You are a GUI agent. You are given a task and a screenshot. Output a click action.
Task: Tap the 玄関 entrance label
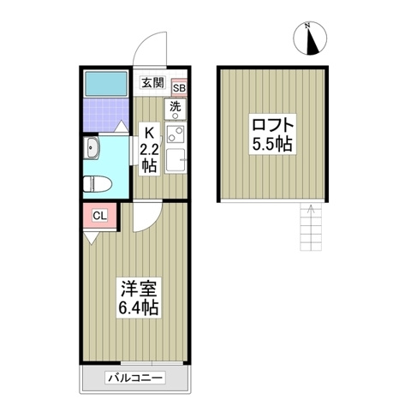(152, 83)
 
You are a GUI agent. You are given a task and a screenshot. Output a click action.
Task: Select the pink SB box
(180, 86)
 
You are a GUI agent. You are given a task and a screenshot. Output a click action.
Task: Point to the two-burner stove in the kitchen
(176, 134)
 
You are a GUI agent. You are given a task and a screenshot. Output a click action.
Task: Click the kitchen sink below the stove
(176, 160)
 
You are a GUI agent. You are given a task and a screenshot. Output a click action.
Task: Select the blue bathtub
(105, 84)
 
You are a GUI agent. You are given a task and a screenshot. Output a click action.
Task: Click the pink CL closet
(98, 216)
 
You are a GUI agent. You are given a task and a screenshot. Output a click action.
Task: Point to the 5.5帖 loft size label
(271, 144)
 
